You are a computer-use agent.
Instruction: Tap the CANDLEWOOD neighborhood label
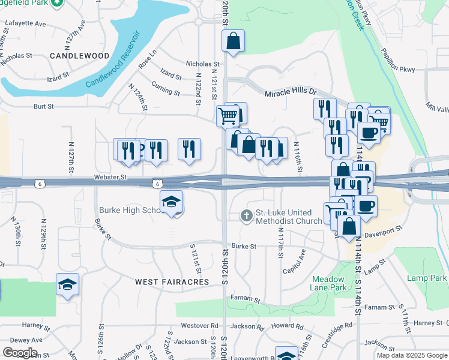pyautogui.click(x=79, y=56)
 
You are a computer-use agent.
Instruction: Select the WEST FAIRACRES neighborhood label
pyautogui.click(x=172, y=281)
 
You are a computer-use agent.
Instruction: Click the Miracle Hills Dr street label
pyautogui.click(x=291, y=92)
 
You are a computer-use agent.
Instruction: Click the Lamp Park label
pyautogui.click(x=426, y=278)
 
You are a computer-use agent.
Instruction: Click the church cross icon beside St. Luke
pyautogui.click(x=246, y=215)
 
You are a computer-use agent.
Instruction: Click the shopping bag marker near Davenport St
pyautogui.click(x=349, y=226)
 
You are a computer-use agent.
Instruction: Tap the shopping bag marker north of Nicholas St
pyautogui.click(x=234, y=41)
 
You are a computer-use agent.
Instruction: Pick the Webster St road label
pyautogui.click(x=111, y=177)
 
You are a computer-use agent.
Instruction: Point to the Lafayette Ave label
pyautogui.click(x=25, y=23)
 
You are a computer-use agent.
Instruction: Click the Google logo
pyautogui.click(x=20, y=353)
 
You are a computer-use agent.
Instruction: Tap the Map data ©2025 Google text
pyautogui.click(x=411, y=355)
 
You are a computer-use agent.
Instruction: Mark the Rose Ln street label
pyautogui.click(x=146, y=62)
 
